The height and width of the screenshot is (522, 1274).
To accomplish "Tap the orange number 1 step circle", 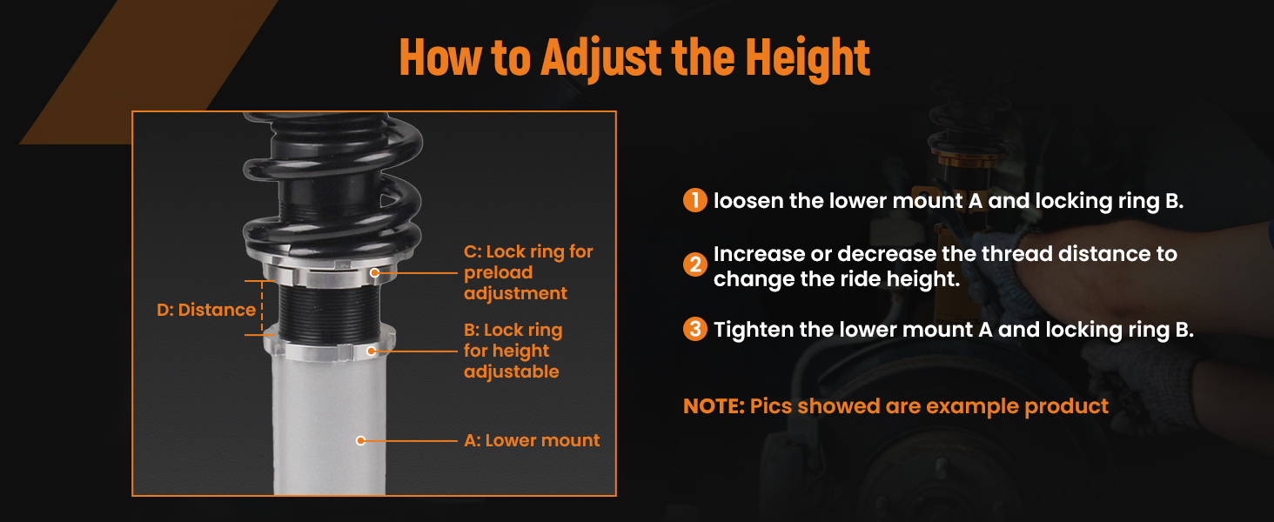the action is point(695,200).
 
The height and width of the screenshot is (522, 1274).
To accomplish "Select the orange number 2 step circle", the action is point(695,264).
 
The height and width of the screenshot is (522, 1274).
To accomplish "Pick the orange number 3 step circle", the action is point(695,329).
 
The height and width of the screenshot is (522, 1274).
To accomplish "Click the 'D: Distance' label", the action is point(206,310).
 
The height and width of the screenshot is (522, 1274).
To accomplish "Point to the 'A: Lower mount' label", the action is point(532,440).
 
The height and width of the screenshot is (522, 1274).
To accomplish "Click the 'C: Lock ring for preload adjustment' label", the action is point(528,272).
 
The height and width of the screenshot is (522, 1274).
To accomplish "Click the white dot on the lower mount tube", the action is point(360,441).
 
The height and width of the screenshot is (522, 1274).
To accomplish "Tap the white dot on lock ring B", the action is point(371,351).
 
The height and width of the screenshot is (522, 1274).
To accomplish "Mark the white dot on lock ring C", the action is point(374,273).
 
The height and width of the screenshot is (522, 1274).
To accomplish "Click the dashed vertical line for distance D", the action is point(262,308).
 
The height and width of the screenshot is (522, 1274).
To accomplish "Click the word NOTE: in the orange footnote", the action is point(714,406).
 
